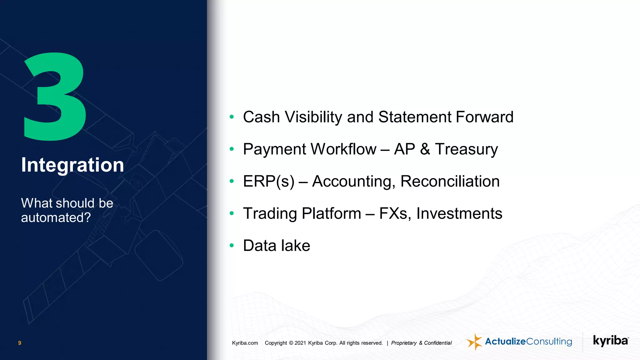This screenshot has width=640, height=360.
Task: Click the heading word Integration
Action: coord(72,165)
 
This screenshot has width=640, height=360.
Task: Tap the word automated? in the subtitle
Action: coord(56,217)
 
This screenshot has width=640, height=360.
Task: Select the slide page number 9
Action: coord(20,343)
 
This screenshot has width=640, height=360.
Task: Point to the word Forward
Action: coord(484,117)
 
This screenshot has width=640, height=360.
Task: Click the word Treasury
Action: coord(466,149)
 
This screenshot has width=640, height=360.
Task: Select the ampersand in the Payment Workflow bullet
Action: coord(425,149)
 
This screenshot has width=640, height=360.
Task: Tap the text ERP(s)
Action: coord(269,182)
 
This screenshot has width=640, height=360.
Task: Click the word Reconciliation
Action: coord(450,182)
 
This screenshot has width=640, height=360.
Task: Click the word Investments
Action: coord(459,214)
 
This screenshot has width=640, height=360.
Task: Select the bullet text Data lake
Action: coord(277,246)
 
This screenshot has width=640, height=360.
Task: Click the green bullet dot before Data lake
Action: coord(232,246)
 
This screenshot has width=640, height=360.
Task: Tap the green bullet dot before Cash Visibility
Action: coord(232,117)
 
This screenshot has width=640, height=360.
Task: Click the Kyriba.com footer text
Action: coord(245,343)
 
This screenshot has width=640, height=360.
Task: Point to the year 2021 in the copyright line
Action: coord(300,343)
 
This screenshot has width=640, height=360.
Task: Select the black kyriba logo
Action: coord(611,341)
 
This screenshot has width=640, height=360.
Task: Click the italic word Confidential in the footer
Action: coord(438,343)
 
